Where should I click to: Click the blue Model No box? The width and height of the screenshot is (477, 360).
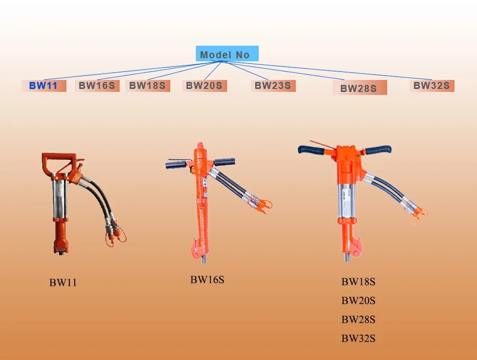(x=227, y=54)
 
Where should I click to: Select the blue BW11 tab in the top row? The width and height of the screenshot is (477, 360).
(x=44, y=86)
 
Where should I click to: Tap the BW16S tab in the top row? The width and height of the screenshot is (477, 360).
(x=97, y=86)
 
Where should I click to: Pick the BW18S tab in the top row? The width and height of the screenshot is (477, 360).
(x=148, y=86)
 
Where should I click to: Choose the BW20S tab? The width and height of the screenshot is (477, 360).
(x=204, y=86)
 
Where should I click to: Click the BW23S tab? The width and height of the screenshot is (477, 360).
(x=273, y=86)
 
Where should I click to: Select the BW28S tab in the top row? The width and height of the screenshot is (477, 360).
(x=359, y=88)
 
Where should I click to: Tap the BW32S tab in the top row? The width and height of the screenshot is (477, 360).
(x=432, y=86)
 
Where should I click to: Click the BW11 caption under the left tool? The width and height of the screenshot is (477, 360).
(x=63, y=283)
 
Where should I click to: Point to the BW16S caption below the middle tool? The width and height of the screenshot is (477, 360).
(x=207, y=280)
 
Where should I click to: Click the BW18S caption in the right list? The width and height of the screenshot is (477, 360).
(x=358, y=282)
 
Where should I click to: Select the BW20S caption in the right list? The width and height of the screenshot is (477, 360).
(x=358, y=301)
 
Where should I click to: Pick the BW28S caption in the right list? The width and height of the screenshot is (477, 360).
(x=358, y=319)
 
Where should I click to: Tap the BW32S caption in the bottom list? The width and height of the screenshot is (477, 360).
(x=358, y=338)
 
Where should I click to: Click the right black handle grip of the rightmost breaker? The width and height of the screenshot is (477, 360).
(x=378, y=149)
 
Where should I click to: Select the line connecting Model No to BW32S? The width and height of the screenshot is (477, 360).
(x=327, y=70)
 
